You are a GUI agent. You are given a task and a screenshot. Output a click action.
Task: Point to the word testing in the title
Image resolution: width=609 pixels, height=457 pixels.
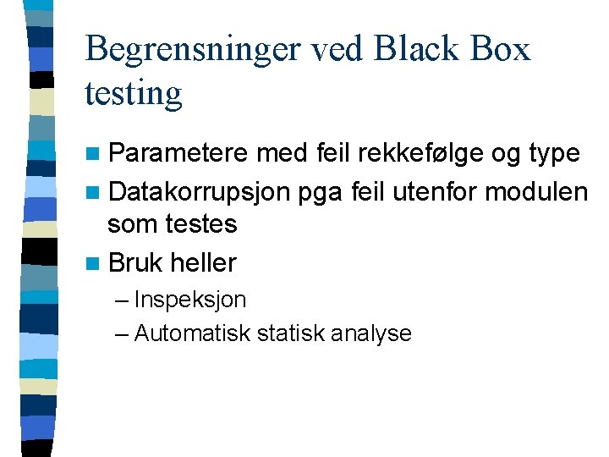134,93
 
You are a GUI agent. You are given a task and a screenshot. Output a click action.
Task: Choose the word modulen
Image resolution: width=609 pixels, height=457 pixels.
536,192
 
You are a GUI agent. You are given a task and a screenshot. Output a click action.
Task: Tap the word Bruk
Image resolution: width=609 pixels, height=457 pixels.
135,262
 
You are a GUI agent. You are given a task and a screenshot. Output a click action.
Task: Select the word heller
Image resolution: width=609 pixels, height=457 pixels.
203,262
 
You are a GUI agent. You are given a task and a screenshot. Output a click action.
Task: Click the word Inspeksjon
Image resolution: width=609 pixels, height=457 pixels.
189,300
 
